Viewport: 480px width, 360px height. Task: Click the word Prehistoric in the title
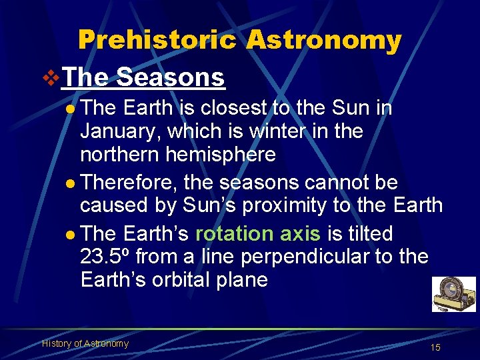[x=157, y=41]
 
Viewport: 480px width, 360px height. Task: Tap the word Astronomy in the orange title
[x=323, y=41]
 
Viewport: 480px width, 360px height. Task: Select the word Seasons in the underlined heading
[x=171, y=77]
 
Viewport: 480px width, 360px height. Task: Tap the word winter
[x=277, y=131]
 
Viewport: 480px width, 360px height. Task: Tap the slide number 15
[x=435, y=347]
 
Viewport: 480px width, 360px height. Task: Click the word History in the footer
[x=56, y=343]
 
